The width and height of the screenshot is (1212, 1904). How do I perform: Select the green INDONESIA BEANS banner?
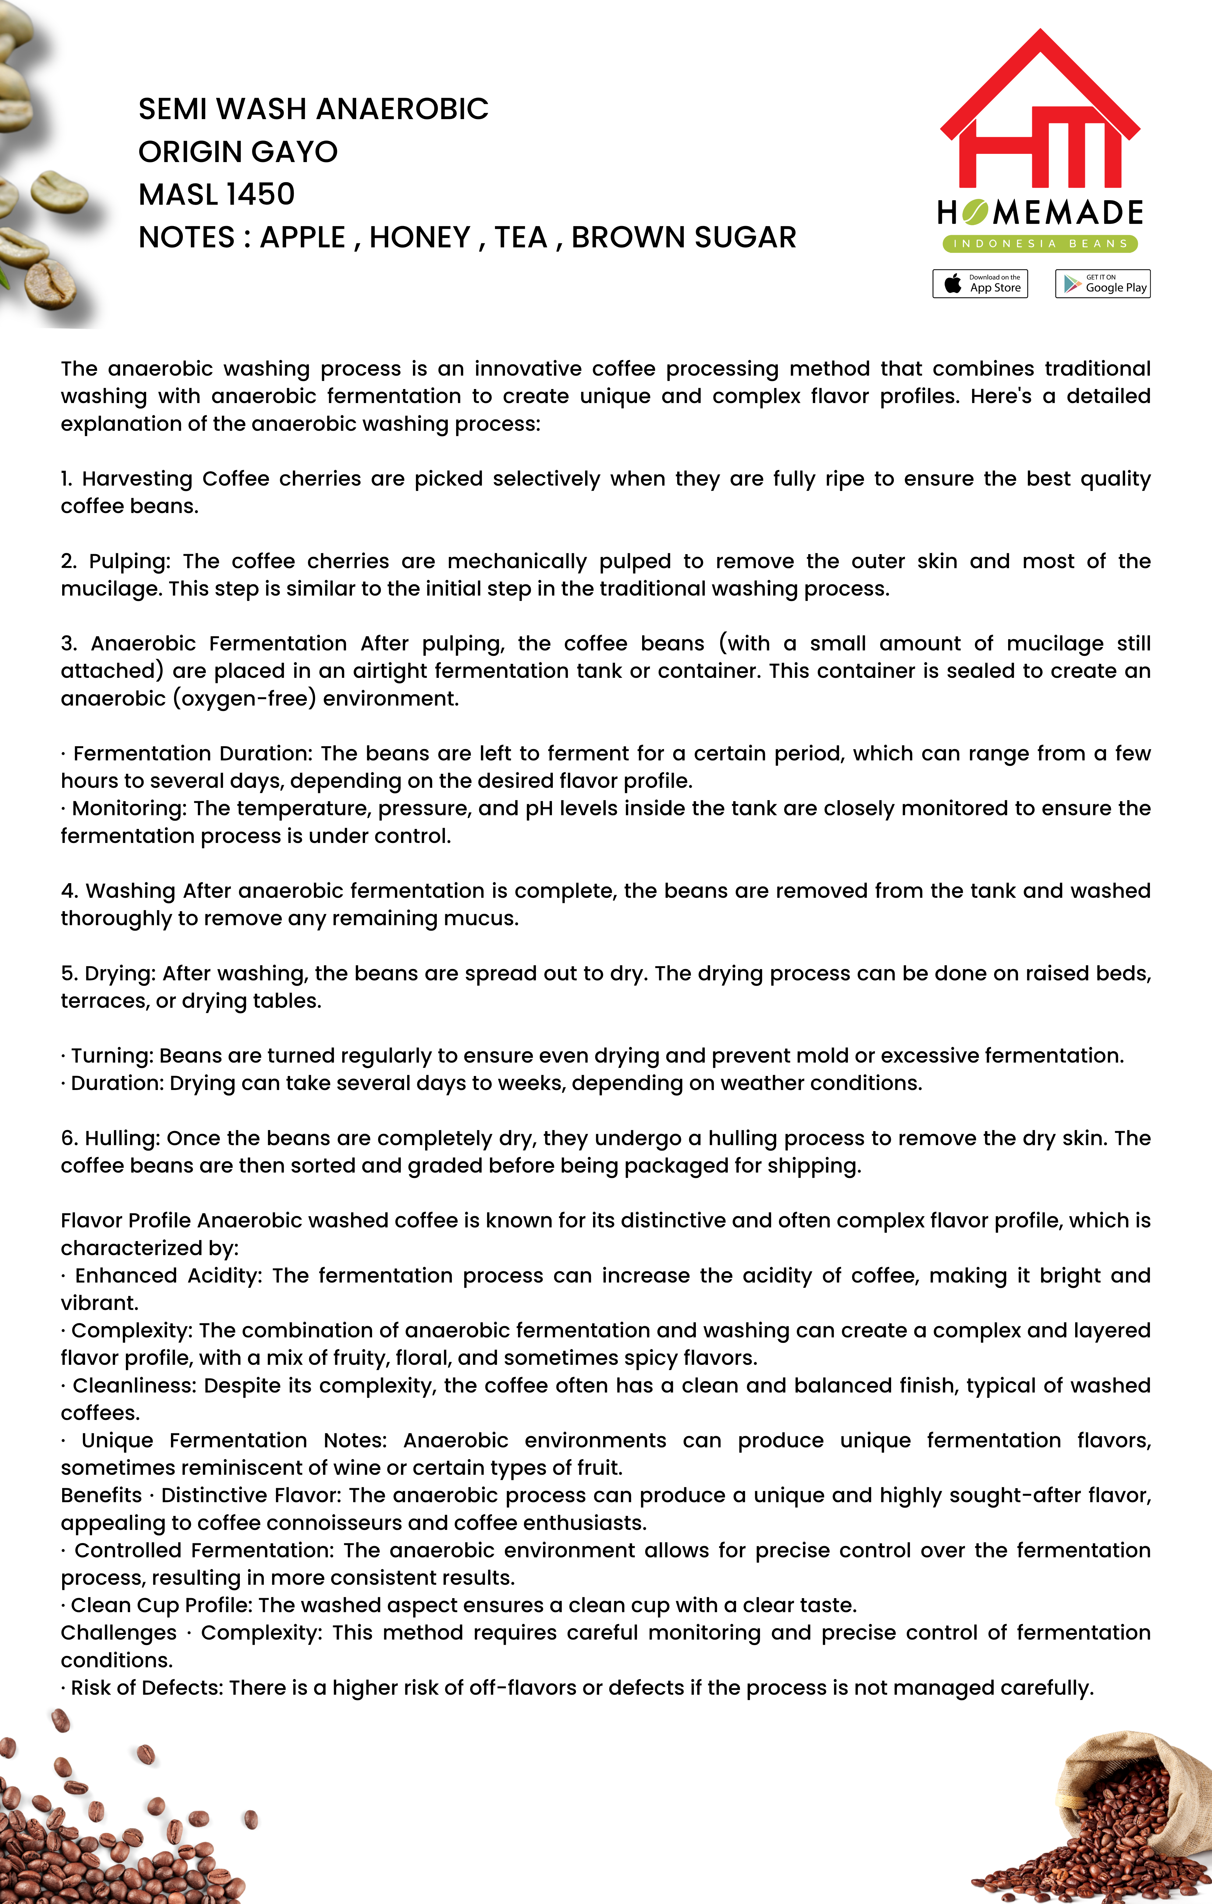[x=1040, y=243]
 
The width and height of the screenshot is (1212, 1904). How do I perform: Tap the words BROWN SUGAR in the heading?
[x=684, y=237]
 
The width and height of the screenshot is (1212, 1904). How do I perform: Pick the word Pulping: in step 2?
[x=129, y=561]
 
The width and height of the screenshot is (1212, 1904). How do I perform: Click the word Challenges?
[x=119, y=1633]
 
